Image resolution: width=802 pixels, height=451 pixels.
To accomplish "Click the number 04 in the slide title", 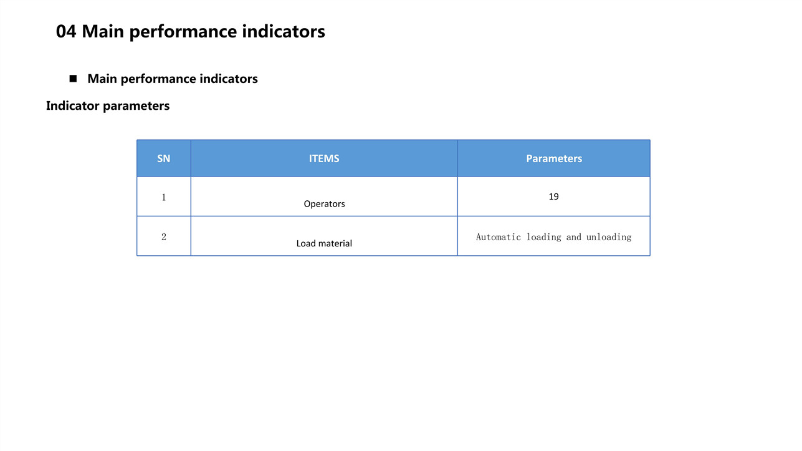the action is click(x=66, y=31).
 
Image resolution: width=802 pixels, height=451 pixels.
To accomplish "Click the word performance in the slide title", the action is click(x=183, y=32).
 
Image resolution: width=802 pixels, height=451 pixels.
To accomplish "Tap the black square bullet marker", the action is click(x=73, y=79).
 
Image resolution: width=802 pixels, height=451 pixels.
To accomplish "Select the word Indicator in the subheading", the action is click(x=73, y=106).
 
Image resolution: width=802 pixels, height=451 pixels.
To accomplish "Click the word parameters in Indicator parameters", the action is click(x=136, y=107).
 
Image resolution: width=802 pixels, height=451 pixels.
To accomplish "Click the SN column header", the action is click(x=164, y=158).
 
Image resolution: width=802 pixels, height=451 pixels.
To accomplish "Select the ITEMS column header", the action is click(x=324, y=158).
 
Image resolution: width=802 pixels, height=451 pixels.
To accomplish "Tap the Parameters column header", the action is click(x=554, y=158).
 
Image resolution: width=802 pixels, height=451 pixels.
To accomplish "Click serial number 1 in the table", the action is click(x=164, y=197).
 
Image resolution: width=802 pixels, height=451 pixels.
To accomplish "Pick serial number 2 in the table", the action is click(x=164, y=236).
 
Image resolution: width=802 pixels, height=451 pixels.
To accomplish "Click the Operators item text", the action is click(x=325, y=204).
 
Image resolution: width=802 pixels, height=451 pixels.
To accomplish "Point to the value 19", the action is click(x=553, y=196).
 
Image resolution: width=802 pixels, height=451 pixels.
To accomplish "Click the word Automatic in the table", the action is click(x=499, y=237).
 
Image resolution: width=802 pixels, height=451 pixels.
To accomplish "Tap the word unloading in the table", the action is click(x=609, y=237).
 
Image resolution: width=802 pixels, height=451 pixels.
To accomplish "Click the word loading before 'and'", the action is click(x=544, y=237).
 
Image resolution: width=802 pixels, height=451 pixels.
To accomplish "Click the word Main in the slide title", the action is click(x=103, y=31).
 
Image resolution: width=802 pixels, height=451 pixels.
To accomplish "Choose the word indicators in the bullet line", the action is click(x=229, y=79).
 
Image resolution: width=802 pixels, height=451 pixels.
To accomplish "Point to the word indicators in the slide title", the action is click(x=284, y=31).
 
